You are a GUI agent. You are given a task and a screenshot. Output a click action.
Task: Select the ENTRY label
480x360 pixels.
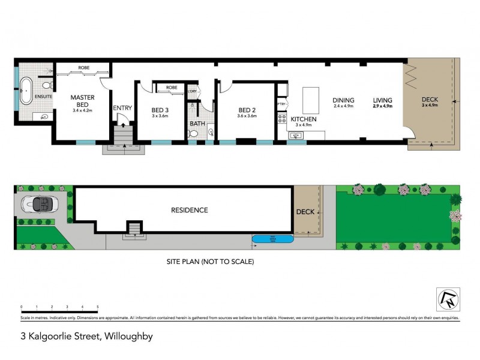tap(122, 108)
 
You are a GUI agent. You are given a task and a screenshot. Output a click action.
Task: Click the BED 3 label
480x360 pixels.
tap(159, 110)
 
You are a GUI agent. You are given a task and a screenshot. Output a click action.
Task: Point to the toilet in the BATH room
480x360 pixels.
tap(193, 134)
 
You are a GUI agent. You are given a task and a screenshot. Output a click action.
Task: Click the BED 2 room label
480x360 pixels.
tap(247, 110)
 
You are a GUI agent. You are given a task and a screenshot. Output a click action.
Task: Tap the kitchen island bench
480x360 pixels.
tap(310, 100)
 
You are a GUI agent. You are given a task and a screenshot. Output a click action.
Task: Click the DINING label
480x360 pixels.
tap(344, 100)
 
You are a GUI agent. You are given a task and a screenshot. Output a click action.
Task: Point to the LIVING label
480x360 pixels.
tap(382, 100)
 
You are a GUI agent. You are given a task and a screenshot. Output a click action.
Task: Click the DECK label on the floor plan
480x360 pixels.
tap(430, 100)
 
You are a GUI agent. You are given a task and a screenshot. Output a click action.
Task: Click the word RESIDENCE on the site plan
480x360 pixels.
tap(190, 210)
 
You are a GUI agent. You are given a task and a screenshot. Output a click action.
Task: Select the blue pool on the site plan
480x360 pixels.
tap(273, 239)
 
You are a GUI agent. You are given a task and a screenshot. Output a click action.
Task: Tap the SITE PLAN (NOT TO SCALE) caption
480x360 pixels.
tap(210, 262)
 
